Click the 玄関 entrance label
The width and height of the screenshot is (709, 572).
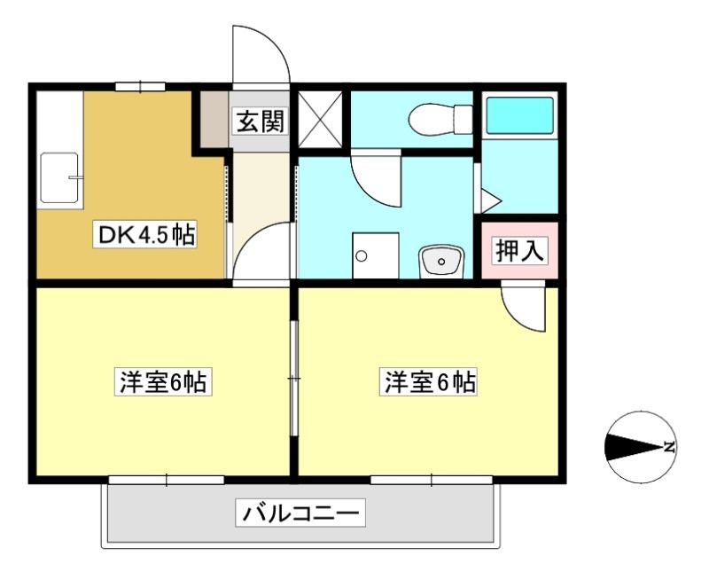(x=261, y=121)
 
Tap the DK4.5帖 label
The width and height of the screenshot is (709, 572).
(x=145, y=234)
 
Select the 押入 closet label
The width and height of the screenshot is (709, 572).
(x=519, y=250)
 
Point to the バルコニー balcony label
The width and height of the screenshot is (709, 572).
(x=300, y=513)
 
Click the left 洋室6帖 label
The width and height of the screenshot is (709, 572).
(x=164, y=382)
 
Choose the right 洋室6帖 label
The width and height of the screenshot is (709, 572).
(x=428, y=382)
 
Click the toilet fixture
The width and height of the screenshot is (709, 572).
(x=440, y=120)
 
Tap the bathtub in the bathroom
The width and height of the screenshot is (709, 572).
(x=519, y=115)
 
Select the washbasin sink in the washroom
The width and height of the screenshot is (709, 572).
(x=440, y=261)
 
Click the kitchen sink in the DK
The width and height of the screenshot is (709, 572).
(x=59, y=177)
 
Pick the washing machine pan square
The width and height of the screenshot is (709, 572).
(x=375, y=255)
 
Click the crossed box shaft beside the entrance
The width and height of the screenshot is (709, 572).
(x=320, y=119)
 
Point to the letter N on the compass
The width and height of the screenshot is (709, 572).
(x=669, y=447)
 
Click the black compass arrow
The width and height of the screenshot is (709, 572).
(x=634, y=448)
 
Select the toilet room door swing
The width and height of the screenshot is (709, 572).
(x=376, y=178)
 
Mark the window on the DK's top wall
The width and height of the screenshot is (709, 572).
(x=140, y=86)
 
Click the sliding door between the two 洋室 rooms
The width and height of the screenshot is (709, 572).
(x=294, y=379)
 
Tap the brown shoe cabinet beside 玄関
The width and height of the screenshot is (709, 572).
(x=214, y=119)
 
